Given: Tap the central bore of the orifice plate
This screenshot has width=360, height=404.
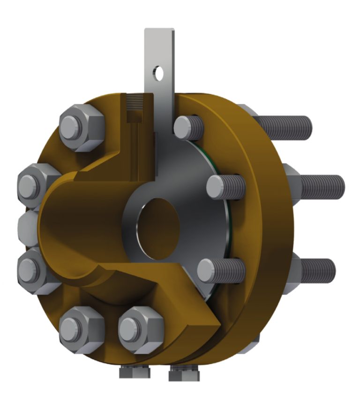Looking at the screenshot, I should (159, 228).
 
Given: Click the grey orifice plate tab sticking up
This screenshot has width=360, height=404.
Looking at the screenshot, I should (159, 56).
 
